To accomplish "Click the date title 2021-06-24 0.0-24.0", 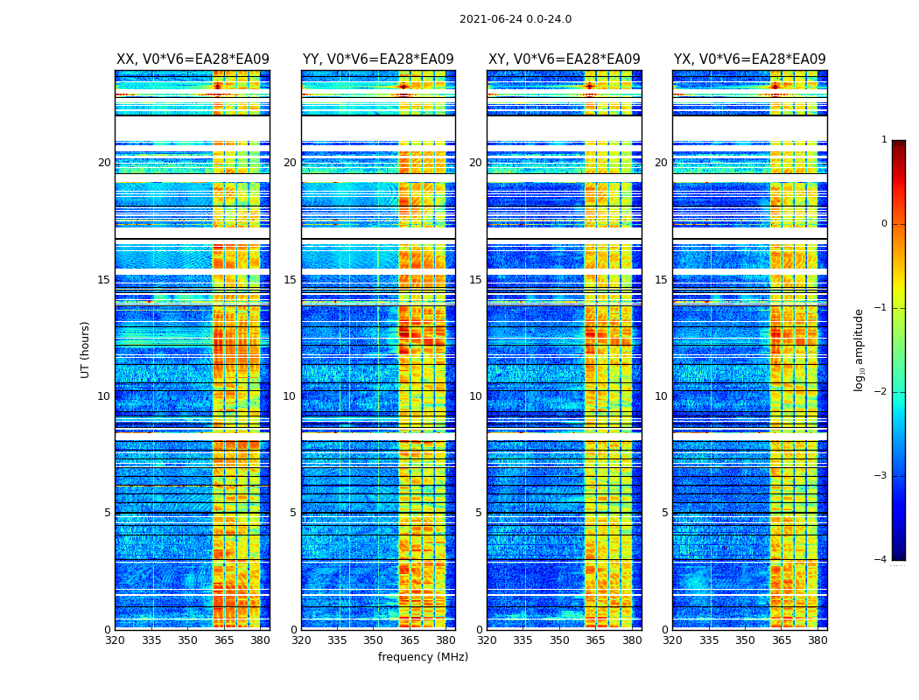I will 515,19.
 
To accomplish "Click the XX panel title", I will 193,59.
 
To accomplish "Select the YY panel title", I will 378,59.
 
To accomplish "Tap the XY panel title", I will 564,59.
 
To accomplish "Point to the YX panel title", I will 749,59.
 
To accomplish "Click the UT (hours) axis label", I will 86,349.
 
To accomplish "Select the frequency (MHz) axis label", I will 423,657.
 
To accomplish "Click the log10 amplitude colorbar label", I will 859,349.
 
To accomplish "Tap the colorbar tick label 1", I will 884,140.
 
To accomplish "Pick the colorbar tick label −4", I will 881,560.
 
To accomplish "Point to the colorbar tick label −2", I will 881,392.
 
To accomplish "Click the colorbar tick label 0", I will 884,224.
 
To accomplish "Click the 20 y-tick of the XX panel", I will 104,163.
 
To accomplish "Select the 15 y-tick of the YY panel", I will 290,280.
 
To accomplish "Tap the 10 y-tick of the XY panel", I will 475,396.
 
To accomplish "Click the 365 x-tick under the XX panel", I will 224,640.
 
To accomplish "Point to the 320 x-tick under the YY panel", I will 301,640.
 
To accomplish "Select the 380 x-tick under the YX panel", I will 817,640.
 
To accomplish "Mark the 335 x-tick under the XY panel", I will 523,640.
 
